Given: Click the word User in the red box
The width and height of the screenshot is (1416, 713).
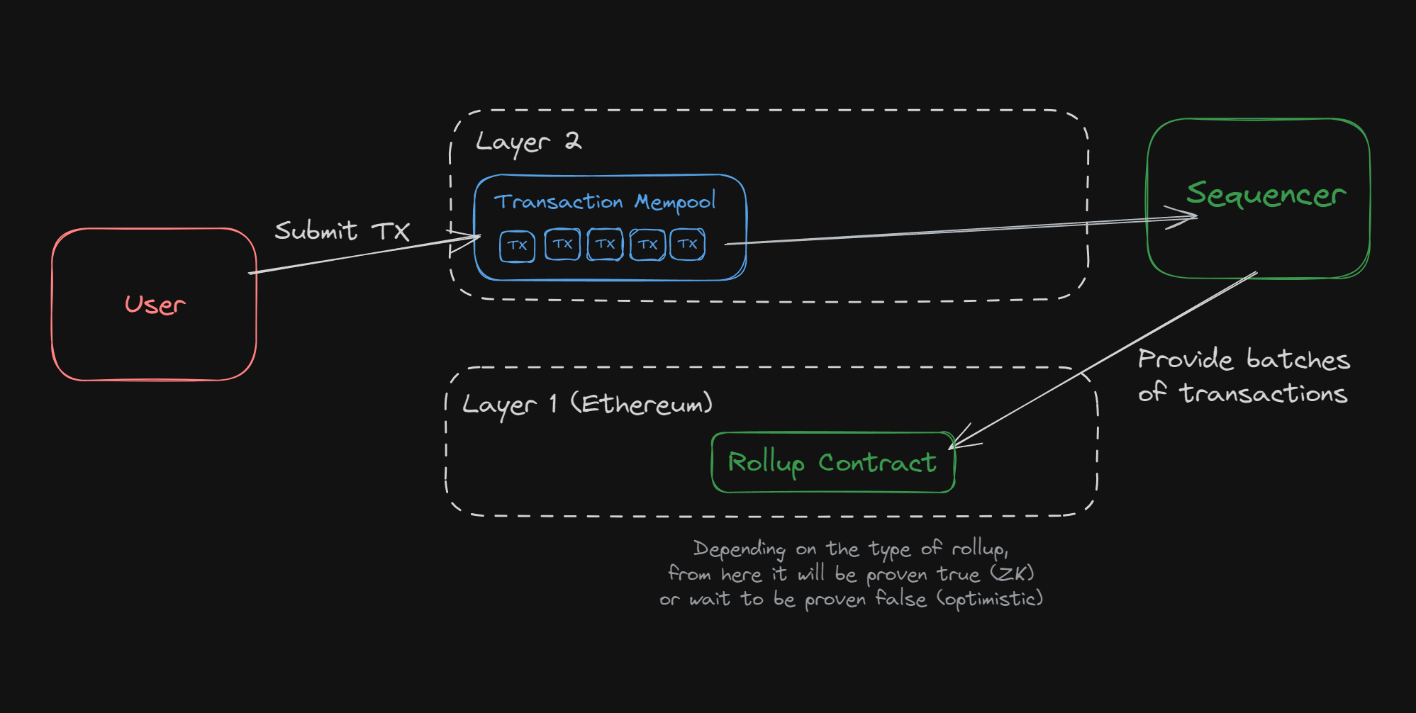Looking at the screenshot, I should coord(155,305).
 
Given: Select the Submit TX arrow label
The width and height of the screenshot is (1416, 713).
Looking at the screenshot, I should coord(342,231).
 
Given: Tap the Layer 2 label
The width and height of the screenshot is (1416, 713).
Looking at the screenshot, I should coord(528,141).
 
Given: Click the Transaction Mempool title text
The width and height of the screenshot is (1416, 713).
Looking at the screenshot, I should coord(604,202).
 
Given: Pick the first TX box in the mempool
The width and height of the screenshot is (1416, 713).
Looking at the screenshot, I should coord(517,246).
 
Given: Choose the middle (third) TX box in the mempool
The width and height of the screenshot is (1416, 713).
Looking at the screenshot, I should coord(605,245).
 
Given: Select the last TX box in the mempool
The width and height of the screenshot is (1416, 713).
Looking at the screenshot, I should coord(687,245).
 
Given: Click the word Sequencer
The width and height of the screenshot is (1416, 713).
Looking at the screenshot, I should coord(1266,194).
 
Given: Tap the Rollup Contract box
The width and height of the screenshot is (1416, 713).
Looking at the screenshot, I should coord(832,463).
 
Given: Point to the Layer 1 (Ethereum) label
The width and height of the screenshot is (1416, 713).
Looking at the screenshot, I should coord(587,405).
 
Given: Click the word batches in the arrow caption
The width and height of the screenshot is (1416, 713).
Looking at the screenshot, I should coord(1298,360).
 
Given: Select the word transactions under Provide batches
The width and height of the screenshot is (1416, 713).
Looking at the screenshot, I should coord(1263,393).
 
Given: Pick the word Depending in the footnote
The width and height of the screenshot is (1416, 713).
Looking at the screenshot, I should coord(739,549).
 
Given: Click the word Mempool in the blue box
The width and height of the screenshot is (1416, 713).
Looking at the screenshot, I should coord(674,202).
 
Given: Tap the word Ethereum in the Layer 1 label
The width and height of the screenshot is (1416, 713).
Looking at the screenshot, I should coord(641,405).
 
